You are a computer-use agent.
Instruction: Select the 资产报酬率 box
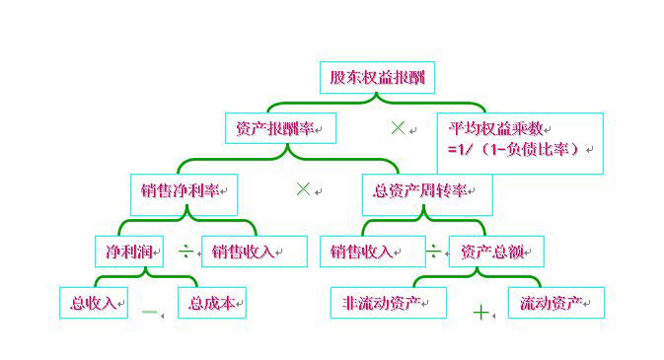click(x=281, y=128)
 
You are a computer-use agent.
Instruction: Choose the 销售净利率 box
click(x=184, y=188)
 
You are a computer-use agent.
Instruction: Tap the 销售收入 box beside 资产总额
click(x=362, y=252)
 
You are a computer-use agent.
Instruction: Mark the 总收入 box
click(x=94, y=303)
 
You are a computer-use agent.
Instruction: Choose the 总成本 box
click(x=212, y=303)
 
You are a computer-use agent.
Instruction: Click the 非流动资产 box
click(x=388, y=303)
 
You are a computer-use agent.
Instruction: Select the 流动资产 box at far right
click(x=555, y=303)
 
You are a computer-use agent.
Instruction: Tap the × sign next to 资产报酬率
click(x=398, y=127)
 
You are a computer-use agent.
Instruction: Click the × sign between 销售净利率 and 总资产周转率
click(x=303, y=188)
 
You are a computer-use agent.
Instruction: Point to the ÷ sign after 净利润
click(x=184, y=252)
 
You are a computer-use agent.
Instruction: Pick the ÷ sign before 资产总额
click(x=433, y=252)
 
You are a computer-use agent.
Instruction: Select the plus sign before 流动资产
click(x=481, y=313)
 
